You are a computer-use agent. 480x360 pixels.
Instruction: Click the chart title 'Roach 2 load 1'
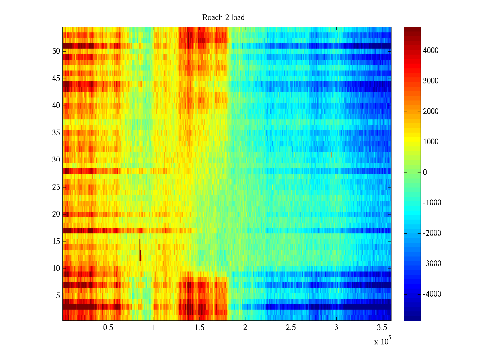(226, 18)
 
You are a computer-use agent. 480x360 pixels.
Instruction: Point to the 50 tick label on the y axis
(56, 51)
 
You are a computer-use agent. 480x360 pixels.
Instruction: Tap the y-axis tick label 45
(56, 79)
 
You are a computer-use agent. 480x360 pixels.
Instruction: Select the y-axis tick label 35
(56, 133)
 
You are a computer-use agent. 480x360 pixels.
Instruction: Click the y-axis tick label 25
(56, 187)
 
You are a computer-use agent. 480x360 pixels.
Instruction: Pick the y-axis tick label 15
(56, 241)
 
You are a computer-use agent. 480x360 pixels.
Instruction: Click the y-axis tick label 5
(58, 296)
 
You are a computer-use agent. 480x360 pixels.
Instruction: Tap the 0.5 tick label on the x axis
(108, 328)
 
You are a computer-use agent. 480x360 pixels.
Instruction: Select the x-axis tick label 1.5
(199, 328)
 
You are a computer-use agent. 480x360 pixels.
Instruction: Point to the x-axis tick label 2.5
(291, 328)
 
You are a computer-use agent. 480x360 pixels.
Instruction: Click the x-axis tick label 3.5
(382, 328)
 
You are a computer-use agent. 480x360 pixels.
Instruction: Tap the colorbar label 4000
(430, 50)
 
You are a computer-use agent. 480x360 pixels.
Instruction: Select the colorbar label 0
(425, 172)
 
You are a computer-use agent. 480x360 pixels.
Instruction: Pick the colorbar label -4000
(432, 294)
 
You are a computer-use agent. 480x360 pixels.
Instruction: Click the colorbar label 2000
(430, 111)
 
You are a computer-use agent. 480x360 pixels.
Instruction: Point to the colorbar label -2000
(432, 233)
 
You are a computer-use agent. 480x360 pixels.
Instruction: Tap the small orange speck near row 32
(297, 149)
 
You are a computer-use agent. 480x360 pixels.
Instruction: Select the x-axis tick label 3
(336, 328)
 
